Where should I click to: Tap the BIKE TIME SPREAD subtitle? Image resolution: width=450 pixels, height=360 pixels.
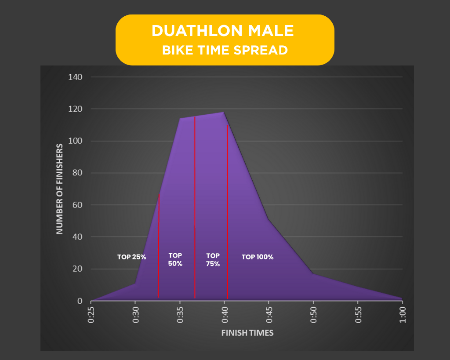pyautogui.click(x=225, y=50)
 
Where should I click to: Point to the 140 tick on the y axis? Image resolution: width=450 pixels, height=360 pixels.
pyautogui.click(x=75, y=77)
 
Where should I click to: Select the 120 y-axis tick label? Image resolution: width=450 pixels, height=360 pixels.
pyautogui.click(x=75, y=109)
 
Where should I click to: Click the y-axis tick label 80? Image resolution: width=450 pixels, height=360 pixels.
pyautogui.click(x=77, y=173)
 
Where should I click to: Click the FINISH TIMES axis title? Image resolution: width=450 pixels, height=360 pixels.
pyautogui.click(x=247, y=333)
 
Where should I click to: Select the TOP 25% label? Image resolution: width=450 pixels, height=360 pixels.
pyautogui.click(x=131, y=257)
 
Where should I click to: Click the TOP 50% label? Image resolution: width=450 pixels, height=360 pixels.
pyautogui.click(x=175, y=259)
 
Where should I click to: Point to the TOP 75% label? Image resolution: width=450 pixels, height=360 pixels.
pyautogui.click(x=213, y=260)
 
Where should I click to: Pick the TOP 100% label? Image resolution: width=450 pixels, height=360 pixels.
pyautogui.click(x=258, y=257)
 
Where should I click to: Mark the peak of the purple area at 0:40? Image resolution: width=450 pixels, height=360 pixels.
pyautogui.click(x=224, y=112)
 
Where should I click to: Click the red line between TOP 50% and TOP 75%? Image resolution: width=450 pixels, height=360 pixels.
pyautogui.click(x=195, y=207)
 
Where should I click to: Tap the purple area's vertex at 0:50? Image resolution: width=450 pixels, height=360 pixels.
pyautogui.click(x=313, y=274)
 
